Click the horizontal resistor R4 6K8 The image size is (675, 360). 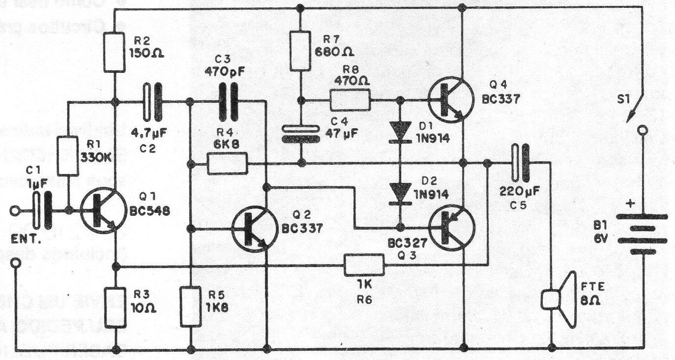[228, 163]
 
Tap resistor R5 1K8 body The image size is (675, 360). [190, 307]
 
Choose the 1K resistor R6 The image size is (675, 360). [364, 266]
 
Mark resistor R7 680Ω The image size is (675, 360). [300, 51]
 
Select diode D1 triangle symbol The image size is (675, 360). [400, 131]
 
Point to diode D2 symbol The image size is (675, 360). [400, 192]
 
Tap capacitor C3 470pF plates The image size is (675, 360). [228, 101]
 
